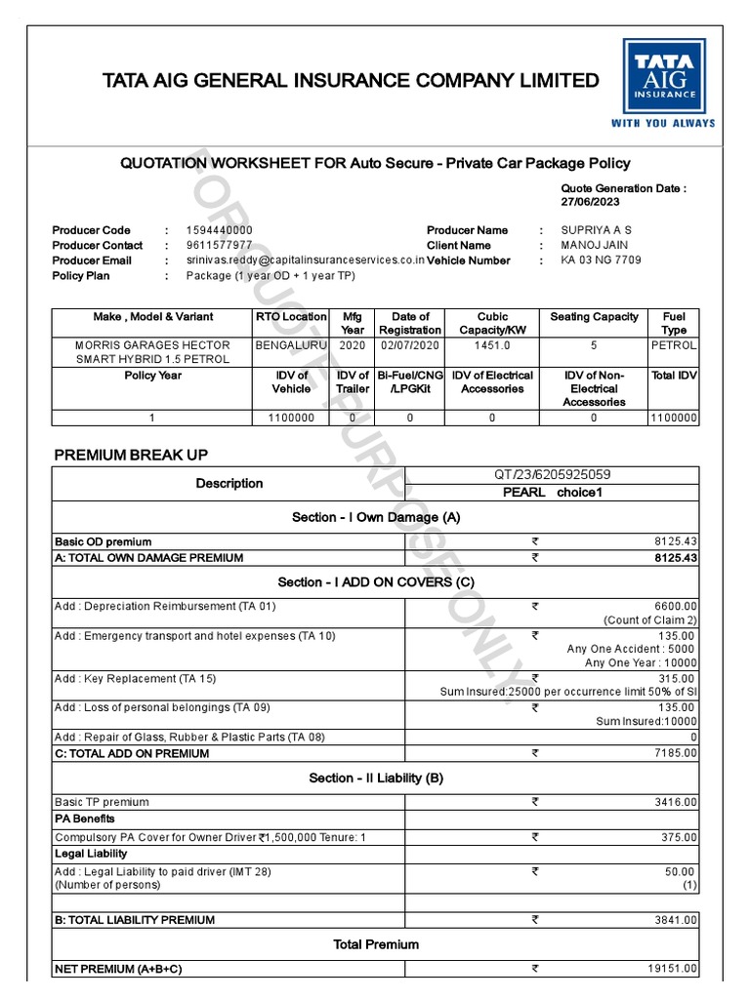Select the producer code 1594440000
click(x=219, y=230)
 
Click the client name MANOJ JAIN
click(x=595, y=246)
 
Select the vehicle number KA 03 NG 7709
click(x=601, y=261)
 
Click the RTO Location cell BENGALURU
click(x=291, y=345)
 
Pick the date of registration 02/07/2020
click(x=410, y=345)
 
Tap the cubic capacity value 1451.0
click(x=492, y=345)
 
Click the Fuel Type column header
click(x=674, y=323)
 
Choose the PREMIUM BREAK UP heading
click(x=131, y=455)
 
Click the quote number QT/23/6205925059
click(x=552, y=475)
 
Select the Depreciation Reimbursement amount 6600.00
click(x=675, y=606)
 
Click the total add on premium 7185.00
click(x=675, y=753)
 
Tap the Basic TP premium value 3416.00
click(x=675, y=802)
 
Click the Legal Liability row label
click(x=91, y=854)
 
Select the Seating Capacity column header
click(x=594, y=317)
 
